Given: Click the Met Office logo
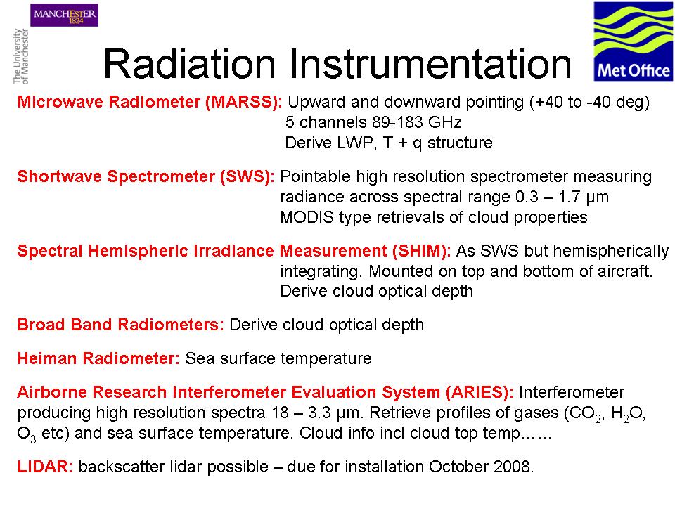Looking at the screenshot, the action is (634, 41).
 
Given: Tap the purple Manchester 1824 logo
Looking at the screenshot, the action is (64, 15).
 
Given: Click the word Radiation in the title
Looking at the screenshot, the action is (189, 64).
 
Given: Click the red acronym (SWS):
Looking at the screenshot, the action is (247, 177).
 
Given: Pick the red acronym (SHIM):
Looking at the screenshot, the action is (421, 252).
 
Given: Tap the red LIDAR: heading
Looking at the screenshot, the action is (45, 467).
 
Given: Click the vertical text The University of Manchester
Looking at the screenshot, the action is (20, 56).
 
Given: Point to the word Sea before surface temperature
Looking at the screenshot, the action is (200, 358).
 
